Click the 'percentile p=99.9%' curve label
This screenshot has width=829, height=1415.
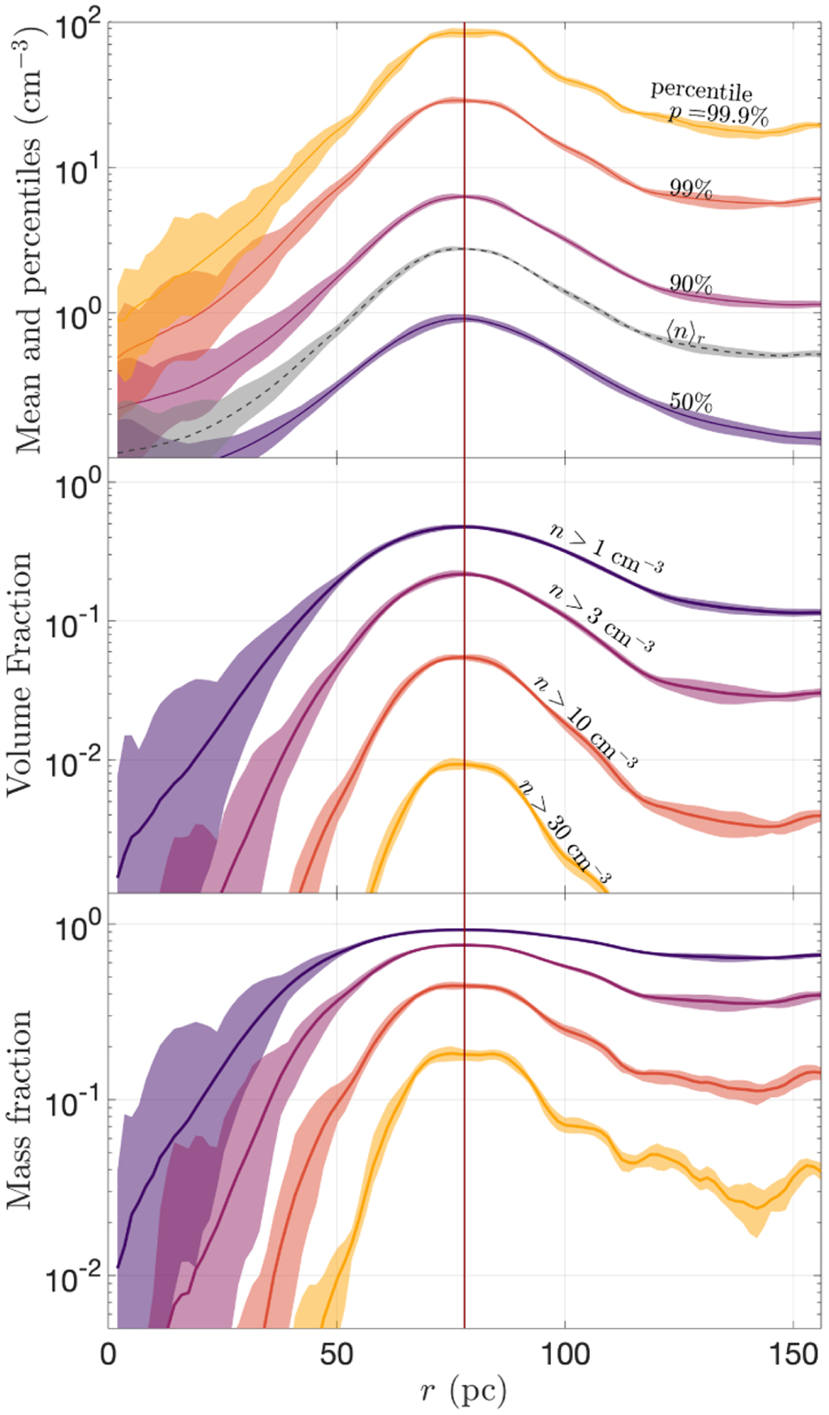tap(709, 103)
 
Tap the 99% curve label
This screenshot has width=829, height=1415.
tap(690, 189)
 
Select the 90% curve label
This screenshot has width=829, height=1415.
tap(690, 284)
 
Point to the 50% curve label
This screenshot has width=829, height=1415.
tap(690, 401)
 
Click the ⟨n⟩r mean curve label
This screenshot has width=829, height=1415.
tap(685, 332)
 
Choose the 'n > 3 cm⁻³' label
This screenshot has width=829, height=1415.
tap(601, 618)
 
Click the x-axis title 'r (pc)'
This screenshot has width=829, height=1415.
tap(463, 1392)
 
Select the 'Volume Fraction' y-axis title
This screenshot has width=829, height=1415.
tap(20, 675)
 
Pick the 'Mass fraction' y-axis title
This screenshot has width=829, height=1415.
tap(20, 1109)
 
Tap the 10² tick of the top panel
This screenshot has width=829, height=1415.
tap(78, 28)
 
